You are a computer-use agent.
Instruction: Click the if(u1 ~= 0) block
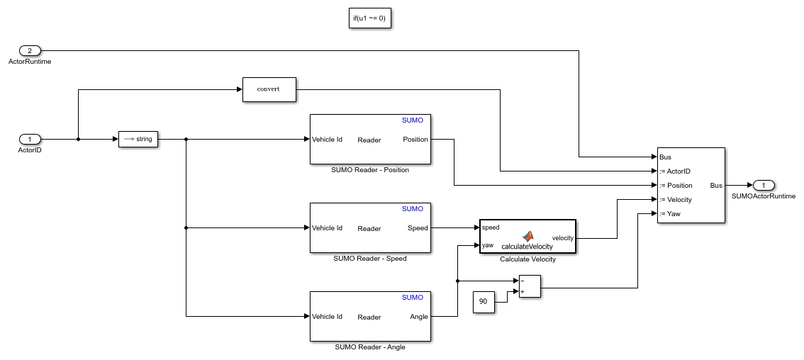(370, 18)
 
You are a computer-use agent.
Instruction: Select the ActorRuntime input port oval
(30, 50)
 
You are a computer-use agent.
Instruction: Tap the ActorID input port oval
(30, 139)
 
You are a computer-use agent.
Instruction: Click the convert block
(269, 89)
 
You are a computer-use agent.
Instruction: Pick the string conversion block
(138, 139)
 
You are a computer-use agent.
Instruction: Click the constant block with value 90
(484, 302)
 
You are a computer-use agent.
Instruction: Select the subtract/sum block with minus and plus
(530, 286)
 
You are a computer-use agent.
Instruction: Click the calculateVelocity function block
(527, 237)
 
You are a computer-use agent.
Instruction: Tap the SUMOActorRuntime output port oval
(763, 185)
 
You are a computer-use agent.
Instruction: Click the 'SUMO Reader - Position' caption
(370, 170)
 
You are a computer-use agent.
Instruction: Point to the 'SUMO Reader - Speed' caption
(370, 259)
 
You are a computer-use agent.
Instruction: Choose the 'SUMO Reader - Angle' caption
(370, 347)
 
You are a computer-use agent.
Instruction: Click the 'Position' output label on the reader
(415, 140)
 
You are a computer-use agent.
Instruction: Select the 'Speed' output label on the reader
(418, 228)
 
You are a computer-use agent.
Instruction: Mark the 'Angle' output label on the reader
(418, 317)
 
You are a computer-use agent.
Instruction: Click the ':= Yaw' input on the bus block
(670, 213)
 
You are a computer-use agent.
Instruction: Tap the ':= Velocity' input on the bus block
(675, 199)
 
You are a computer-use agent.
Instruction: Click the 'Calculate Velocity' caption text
(527, 259)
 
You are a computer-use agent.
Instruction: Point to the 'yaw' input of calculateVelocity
(488, 245)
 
